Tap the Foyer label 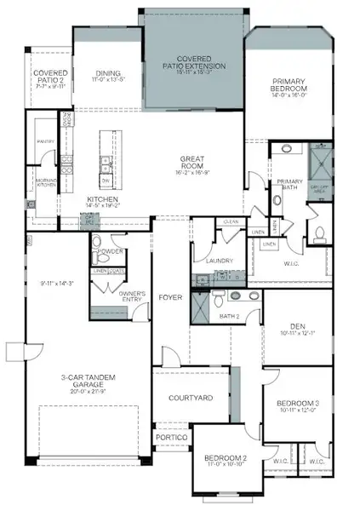170,298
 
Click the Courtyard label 190,398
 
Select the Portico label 171,437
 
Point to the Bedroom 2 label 226,460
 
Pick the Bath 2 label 230,316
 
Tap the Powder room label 111,251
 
